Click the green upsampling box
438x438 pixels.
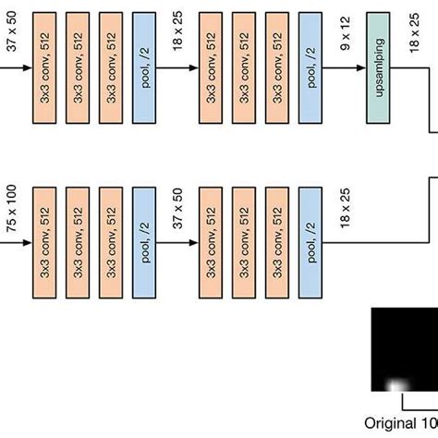coord(378,68)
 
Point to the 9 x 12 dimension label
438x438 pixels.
coord(346,33)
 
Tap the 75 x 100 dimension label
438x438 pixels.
coord(12,209)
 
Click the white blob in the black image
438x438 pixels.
coord(396,385)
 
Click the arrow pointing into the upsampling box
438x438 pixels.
coord(344,68)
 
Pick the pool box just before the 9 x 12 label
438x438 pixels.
coord(310,68)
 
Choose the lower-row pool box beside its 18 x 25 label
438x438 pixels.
coord(310,243)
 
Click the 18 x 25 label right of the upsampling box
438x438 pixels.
coord(414,33)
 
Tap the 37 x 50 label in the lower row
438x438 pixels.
coord(177,209)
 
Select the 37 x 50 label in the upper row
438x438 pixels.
coord(12,31)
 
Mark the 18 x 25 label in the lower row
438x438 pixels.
coord(346,208)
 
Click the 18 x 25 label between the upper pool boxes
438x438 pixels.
coord(177,30)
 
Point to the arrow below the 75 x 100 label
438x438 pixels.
coord(16,243)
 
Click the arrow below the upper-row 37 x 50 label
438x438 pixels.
coord(16,68)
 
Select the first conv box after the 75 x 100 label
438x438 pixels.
coord(44,243)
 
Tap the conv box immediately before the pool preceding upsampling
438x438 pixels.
coord(277,68)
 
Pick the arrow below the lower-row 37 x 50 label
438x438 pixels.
coord(177,243)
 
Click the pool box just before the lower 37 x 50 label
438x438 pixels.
coord(144,243)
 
